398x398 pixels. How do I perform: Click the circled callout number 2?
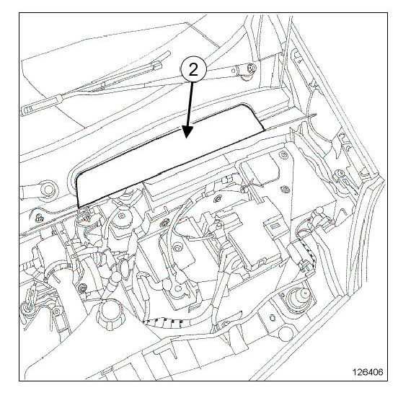[193, 69]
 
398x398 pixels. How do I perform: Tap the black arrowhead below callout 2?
[187, 131]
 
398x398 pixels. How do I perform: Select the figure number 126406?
[367, 372]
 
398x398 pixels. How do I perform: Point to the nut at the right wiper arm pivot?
[252, 68]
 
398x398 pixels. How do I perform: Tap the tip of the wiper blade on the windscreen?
[168, 53]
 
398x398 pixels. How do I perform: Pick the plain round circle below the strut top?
[286, 333]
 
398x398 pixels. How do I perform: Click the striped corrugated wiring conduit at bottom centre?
[164, 322]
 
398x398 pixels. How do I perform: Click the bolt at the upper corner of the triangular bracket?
[283, 154]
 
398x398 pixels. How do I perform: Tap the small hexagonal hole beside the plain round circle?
[273, 317]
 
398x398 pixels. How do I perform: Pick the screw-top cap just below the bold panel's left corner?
[121, 216]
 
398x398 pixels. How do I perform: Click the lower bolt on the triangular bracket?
[286, 189]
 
